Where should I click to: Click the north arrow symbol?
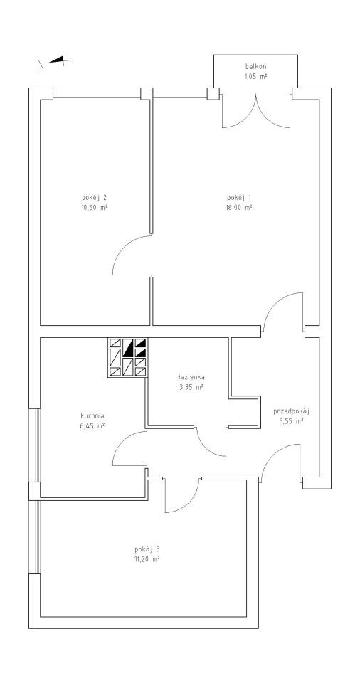pos(61,61)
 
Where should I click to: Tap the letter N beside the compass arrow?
pos(41,64)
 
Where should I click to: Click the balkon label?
pos(255,67)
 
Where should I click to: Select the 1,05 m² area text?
pos(255,76)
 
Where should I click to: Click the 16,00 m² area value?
pos(239,208)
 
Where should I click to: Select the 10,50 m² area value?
pos(94,208)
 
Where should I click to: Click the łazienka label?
pos(191,377)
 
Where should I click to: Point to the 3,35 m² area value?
pos(191,387)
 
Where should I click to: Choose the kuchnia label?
pos(92,415)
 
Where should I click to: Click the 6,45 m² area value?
pos(92,425)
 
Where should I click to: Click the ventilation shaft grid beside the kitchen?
pos(127,357)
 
